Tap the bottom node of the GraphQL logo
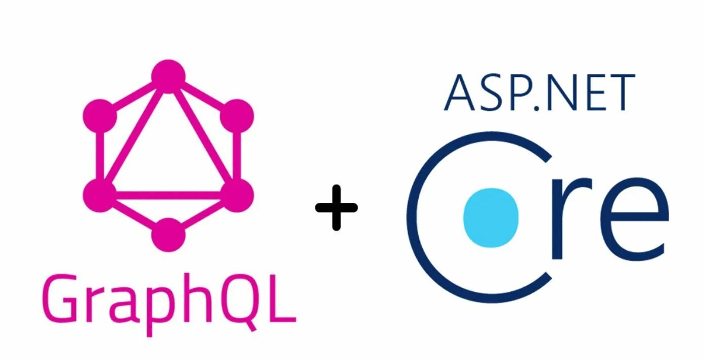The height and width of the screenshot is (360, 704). point(168,235)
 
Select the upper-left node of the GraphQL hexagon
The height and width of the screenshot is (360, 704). point(100,116)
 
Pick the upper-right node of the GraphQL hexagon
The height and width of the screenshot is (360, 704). point(237,116)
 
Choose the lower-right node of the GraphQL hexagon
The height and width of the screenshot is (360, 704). point(237,195)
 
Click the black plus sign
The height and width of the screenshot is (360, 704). point(336,207)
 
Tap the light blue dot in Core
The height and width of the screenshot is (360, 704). point(491,217)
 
